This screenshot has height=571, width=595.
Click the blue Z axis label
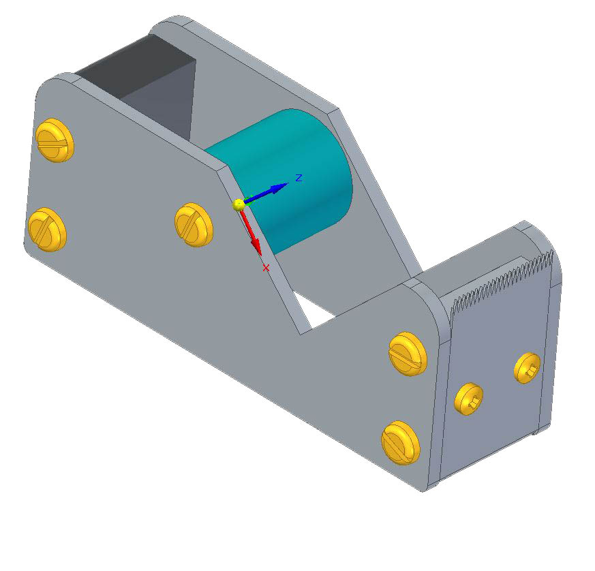pyautogui.click(x=299, y=178)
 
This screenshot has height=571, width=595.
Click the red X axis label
pyautogui.click(x=266, y=268)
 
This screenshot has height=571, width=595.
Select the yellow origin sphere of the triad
pyautogui.click(x=239, y=205)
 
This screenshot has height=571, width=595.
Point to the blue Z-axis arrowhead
pyautogui.click(x=280, y=187)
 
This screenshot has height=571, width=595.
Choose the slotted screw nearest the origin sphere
pyautogui.click(x=194, y=225)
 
